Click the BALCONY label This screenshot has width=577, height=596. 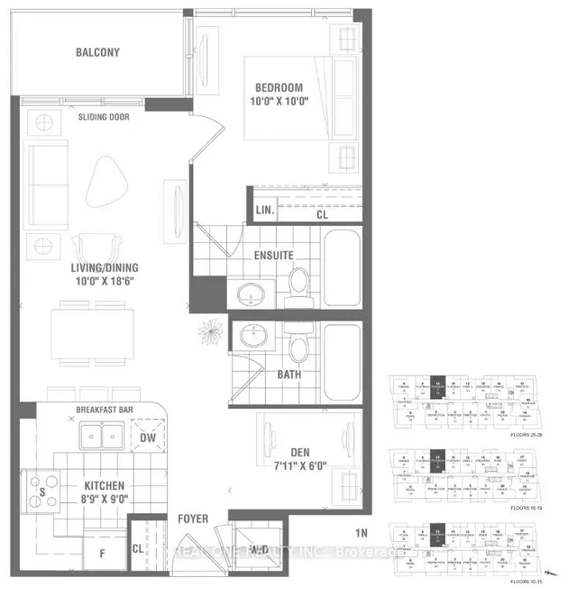97,52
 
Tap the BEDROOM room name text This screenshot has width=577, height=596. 279,87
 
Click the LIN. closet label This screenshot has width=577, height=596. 264,210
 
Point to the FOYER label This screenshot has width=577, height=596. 192,518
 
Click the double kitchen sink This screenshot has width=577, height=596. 101,438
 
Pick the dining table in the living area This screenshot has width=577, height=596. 92,335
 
